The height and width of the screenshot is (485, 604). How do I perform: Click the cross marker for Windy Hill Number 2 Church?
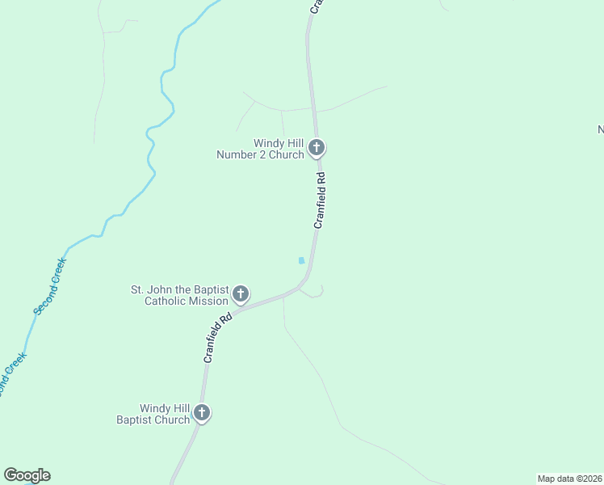[x=317, y=148]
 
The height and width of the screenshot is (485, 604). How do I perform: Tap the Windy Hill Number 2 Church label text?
[x=260, y=149]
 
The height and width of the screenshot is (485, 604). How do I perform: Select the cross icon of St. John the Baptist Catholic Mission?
[x=241, y=294]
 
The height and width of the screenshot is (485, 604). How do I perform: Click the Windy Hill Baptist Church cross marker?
[x=202, y=413]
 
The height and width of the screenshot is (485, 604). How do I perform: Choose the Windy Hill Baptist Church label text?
[x=153, y=414]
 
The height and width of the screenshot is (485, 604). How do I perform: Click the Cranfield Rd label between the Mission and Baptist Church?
[x=216, y=337]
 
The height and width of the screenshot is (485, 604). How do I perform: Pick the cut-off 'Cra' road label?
[x=316, y=6]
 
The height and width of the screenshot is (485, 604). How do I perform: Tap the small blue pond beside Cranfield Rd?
[x=301, y=260]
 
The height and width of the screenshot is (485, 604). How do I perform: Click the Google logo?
[x=27, y=475]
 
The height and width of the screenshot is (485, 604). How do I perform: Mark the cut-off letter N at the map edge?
[x=600, y=129]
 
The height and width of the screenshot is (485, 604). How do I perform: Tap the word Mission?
[x=208, y=302]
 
